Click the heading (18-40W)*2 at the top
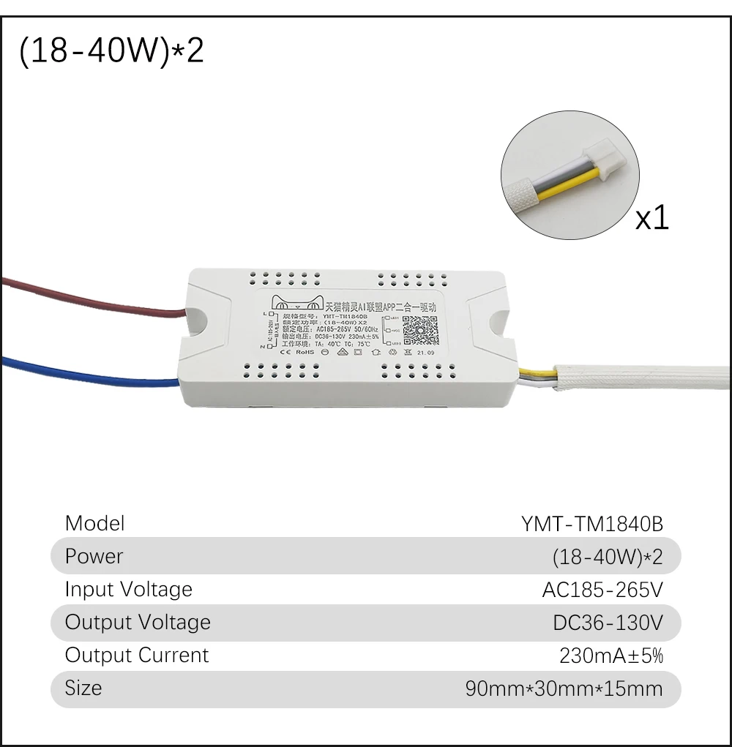(x=111, y=53)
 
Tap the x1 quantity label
(x=651, y=217)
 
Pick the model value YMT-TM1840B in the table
(x=591, y=524)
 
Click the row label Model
(x=95, y=523)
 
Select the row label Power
(x=94, y=556)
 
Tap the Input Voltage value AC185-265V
(x=602, y=590)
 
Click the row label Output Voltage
(x=138, y=622)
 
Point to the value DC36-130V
(x=608, y=623)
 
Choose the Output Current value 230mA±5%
(x=610, y=656)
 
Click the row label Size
(x=83, y=688)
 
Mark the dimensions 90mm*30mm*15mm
(x=564, y=688)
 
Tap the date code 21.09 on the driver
(x=426, y=353)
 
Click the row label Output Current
(x=137, y=655)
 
